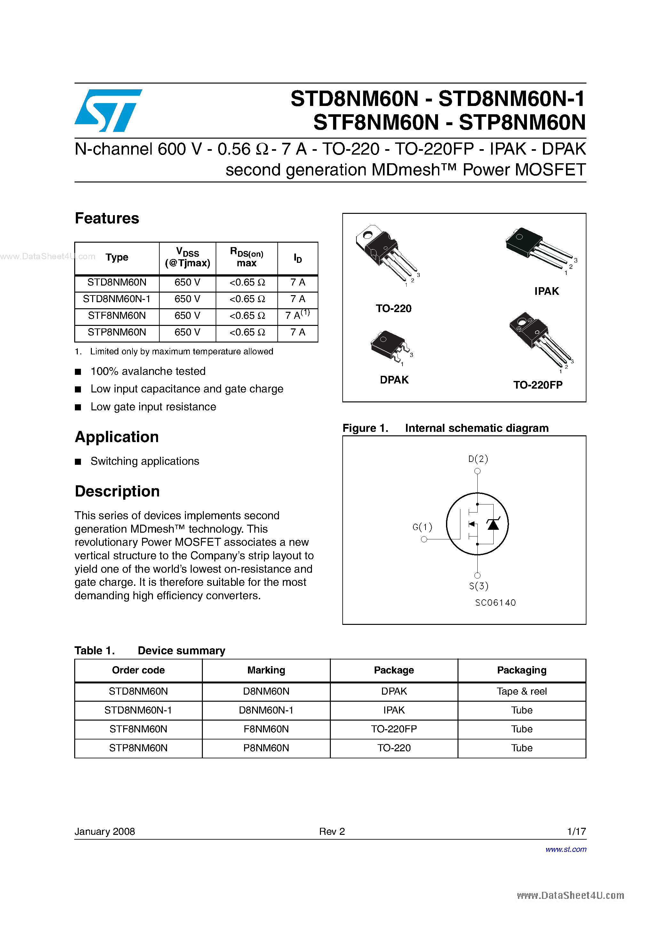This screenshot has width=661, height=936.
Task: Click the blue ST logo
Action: pyautogui.click(x=108, y=110)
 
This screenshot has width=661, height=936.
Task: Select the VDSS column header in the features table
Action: pyautogui.click(x=187, y=258)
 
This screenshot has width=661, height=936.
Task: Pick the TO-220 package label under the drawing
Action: pyautogui.click(x=393, y=309)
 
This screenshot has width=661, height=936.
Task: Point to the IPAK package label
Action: pyautogui.click(x=546, y=291)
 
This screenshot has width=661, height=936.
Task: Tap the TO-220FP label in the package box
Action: pyautogui.click(x=538, y=385)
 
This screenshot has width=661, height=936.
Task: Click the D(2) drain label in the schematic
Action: pyautogui.click(x=478, y=459)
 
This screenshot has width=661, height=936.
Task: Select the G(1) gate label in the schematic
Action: pyautogui.click(x=422, y=527)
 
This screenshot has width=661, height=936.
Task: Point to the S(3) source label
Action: pyautogui.click(x=478, y=586)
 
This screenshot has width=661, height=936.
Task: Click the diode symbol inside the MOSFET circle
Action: pyautogui.click(x=493, y=524)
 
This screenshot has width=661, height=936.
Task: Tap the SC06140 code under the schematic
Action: pyautogui.click(x=495, y=602)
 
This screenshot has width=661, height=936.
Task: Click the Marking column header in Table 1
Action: pyautogui.click(x=266, y=670)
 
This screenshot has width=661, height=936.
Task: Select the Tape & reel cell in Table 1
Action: pyautogui.click(x=522, y=691)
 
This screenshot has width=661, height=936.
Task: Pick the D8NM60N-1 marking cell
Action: pyautogui.click(x=266, y=710)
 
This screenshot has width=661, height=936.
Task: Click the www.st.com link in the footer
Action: pyautogui.click(x=566, y=849)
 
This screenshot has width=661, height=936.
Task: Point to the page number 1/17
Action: pyautogui.click(x=576, y=831)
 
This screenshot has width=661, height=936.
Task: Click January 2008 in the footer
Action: pyautogui.click(x=105, y=831)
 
